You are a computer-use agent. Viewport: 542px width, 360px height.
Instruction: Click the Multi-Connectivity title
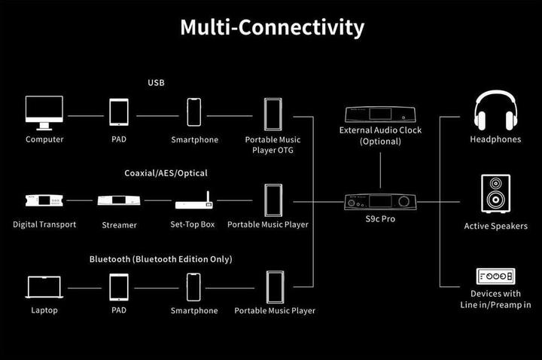click(x=271, y=27)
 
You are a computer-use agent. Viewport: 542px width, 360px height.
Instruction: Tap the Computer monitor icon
click(x=44, y=113)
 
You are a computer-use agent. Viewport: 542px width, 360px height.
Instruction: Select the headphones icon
click(x=495, y=111)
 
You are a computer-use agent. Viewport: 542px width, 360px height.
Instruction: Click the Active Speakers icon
click(x=495, y=194)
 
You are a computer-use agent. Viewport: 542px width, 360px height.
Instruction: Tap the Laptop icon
click(x=44, y=288)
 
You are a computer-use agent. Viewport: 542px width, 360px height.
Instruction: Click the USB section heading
click(x=156, y=82)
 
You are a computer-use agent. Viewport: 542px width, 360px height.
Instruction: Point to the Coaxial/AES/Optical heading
click(x=166, y=173)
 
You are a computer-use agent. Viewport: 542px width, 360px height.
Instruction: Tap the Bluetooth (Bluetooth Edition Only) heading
click(x=160, y=259)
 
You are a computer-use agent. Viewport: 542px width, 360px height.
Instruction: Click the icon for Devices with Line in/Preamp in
click(x=495, y=276)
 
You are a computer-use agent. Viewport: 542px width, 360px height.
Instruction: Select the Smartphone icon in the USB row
click(x=195, y=113)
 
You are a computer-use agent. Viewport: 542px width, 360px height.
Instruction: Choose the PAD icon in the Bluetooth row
click(x=119, y=287)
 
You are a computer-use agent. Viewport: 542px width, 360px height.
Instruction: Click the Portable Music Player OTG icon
click(x=273, y=114)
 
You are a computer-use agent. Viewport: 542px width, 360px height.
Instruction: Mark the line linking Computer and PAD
click(x=85, y=116)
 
